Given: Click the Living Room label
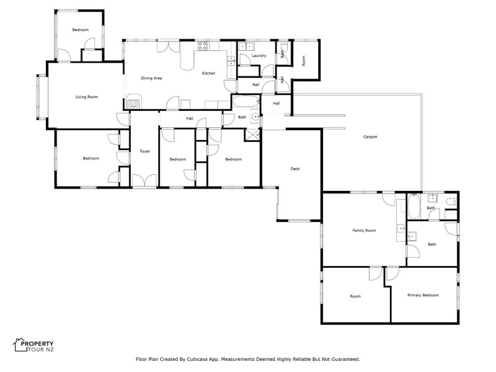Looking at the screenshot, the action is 87,97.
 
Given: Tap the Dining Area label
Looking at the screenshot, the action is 151,78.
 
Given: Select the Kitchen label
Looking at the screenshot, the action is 208,73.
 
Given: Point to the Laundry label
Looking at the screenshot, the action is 259,56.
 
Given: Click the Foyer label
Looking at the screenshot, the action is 145,151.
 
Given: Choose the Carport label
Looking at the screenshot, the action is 370,136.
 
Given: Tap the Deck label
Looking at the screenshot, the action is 295,169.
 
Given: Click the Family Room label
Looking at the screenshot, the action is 364,230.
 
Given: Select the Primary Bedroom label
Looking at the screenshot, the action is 423,295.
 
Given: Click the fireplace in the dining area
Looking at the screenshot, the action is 134,102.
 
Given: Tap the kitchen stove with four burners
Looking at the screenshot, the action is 203,46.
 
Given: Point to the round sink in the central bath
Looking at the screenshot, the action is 255,117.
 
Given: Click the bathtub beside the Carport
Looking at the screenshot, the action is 414,206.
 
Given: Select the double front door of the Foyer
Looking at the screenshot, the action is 144,180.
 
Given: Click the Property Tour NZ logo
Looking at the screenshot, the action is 33,345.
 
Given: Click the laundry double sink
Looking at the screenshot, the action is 246,46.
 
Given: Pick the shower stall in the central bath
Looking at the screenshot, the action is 252,135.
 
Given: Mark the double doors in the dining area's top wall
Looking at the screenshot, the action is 168,46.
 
